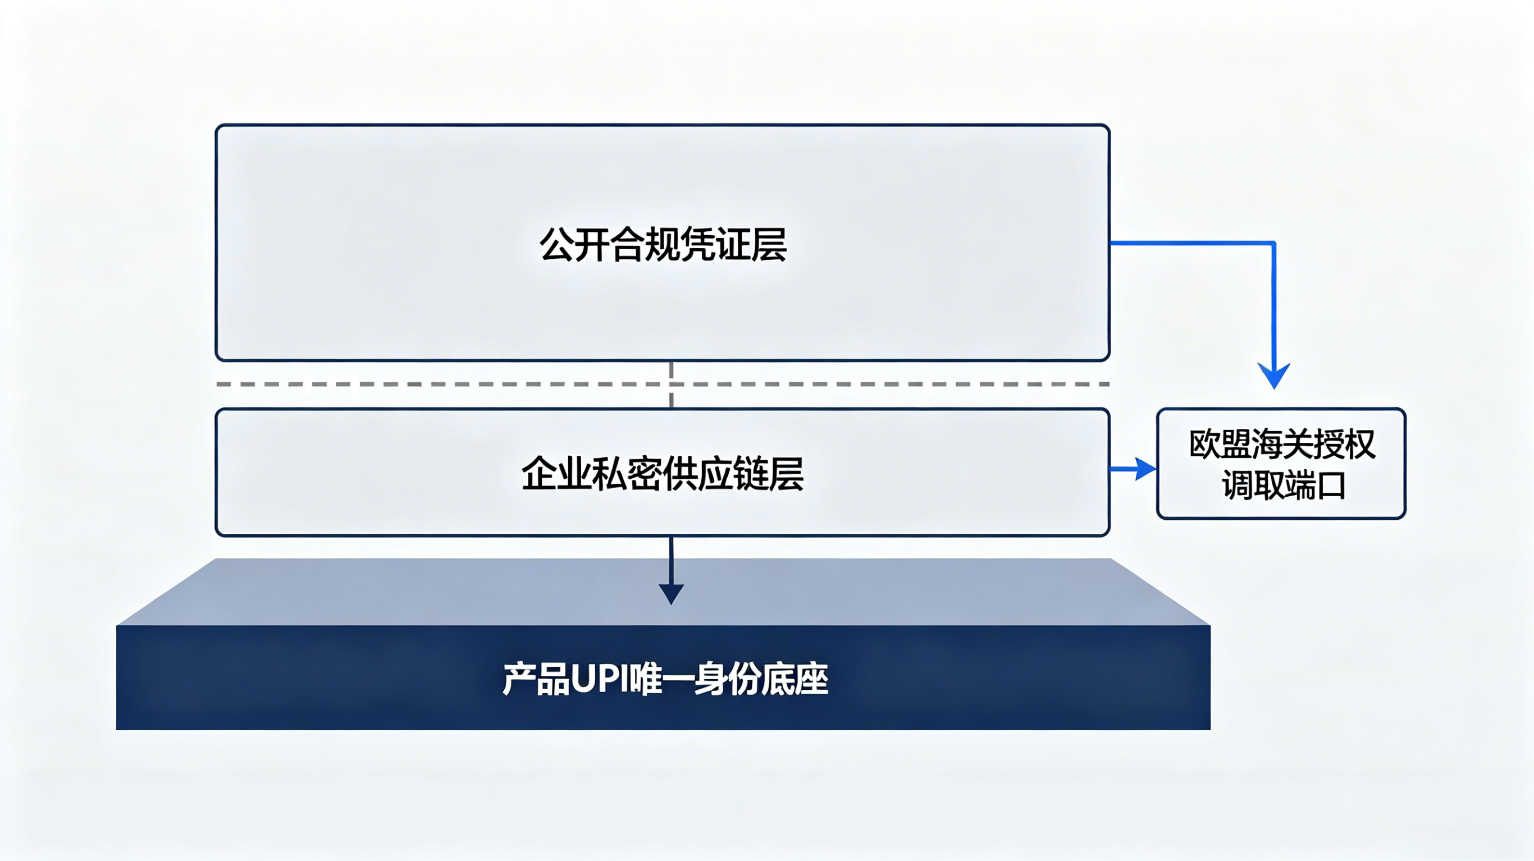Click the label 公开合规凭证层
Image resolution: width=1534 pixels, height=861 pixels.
click(663, 244)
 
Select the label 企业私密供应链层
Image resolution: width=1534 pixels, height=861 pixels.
click(663, 473)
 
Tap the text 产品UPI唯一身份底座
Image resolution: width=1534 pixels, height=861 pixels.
click(665, 679)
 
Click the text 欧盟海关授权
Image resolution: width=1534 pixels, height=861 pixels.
click(1282, 444)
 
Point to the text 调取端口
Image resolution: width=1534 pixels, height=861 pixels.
click(1284, 486)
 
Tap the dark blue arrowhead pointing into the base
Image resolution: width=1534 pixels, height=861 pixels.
click(671, 594)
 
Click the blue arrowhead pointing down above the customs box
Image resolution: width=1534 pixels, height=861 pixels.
click(1274, 375)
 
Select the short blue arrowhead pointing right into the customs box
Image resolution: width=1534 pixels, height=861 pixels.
click(1145, 469)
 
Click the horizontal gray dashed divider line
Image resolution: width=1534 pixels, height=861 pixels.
click(663, 384)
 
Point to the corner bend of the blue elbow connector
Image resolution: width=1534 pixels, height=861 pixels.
click(1274, 243)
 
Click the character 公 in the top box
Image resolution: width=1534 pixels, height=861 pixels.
click(557, 244)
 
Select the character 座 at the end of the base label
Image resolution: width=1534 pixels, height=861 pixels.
click(811, 679)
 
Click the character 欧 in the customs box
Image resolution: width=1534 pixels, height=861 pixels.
click(1205, 444)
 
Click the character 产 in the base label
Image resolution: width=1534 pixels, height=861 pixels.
click(519, 679)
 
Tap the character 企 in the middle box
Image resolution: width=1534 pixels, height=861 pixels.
click(539, 473)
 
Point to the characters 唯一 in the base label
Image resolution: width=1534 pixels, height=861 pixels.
click(661, 679)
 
